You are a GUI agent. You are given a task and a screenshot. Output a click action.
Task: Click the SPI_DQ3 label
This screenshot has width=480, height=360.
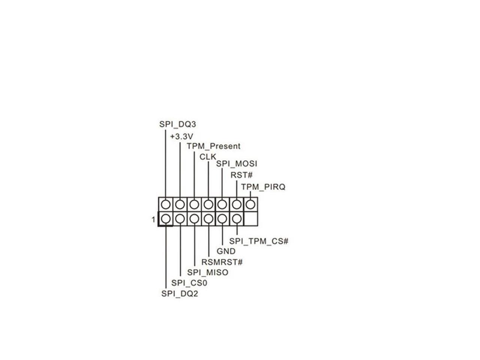click(x=177, y=124)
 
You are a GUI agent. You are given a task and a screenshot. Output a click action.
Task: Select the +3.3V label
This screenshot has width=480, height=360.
click(x=181, y=136)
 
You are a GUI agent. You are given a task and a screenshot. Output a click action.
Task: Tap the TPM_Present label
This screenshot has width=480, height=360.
click(x=213, y=146)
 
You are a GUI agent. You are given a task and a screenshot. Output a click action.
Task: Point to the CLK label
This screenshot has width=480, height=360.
click(x=208, y=157)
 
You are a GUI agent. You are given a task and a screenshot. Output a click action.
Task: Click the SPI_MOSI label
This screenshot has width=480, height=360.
click(x=237, y=164)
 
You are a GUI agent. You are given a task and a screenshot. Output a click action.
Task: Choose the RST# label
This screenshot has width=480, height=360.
click(x=241, y=175)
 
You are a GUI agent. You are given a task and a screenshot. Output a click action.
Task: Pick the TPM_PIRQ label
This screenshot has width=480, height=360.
click(x=263, y=187)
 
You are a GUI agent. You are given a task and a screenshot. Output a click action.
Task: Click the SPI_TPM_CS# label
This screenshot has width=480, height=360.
click(x=259, y=241)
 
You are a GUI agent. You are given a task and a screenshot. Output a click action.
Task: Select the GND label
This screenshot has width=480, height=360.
click(x=226, y=251)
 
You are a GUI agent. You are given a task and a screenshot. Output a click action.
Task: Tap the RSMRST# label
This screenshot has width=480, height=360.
click(x=222, y=262)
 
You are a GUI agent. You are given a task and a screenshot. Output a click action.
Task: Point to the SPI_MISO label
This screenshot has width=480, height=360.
click(x=208, y=273)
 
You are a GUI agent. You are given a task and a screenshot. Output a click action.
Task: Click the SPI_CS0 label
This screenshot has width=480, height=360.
click(x=189, y=283)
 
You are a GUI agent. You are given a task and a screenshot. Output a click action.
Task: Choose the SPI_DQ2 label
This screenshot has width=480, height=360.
click(x=179, y=294)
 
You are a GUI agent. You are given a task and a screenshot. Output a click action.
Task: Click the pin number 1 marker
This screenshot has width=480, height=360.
click(x=153, y=220)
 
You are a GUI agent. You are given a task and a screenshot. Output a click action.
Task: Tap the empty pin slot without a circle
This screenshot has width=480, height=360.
click(x=251, y=219)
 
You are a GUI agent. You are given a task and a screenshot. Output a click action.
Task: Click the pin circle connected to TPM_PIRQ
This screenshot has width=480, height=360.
click(x=251, y=204)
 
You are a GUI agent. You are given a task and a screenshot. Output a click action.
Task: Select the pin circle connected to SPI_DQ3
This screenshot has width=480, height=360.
click(x=166, y=204)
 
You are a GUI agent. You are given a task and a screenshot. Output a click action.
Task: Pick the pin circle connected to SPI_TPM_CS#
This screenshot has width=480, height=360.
click(x=237, y=219)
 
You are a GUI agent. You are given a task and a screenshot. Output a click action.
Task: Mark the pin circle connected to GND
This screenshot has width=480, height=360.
click(x=222, y=219)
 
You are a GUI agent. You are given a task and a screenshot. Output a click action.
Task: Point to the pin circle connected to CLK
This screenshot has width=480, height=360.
click(x=208, y=204)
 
